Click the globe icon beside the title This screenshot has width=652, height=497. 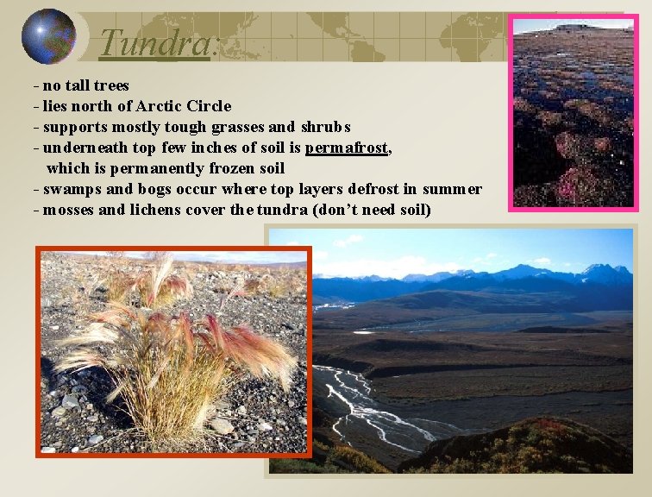pos(47,36)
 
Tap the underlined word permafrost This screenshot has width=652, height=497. pos(347,148)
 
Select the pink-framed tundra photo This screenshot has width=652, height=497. pos(573,112)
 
